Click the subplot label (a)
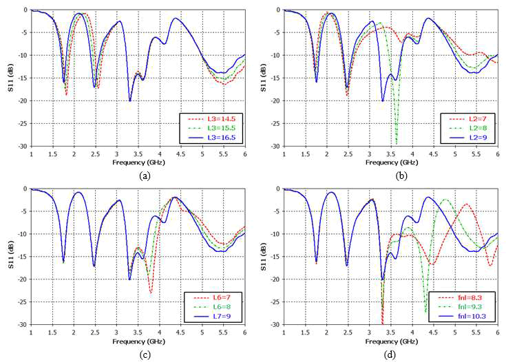(145, 175)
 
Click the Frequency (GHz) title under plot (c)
(138, 341)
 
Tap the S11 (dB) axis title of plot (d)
(263, 256)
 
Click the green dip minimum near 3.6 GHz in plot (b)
(397, 143)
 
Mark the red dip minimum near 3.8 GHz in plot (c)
(151, 293)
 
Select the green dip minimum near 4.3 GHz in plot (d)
(426, 313)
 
